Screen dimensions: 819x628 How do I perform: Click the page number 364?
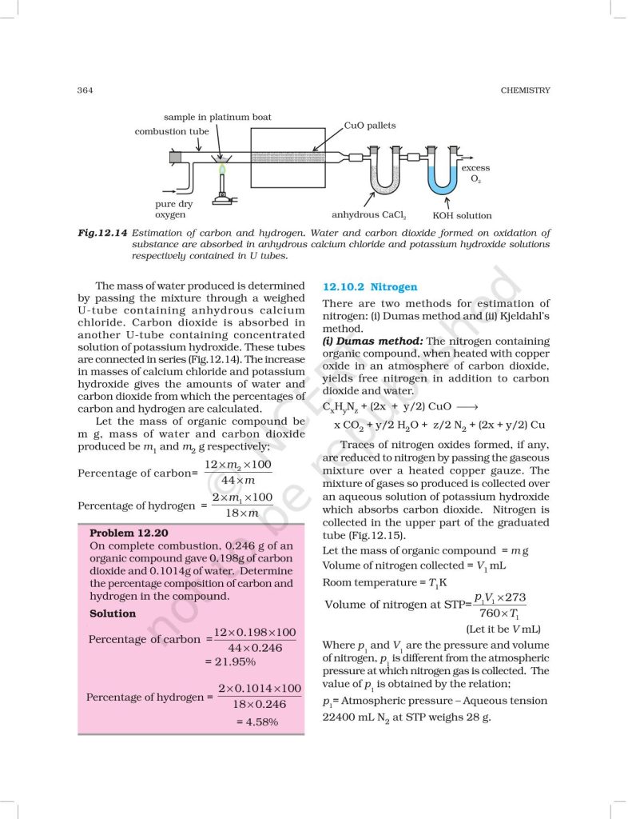click(85, 90)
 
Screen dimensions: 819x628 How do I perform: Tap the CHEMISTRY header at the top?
click(526, 90)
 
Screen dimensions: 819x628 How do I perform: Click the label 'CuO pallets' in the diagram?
click(369, 126)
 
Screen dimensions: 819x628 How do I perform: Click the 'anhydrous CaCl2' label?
click(369, 215)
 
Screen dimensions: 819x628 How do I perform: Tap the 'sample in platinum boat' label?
click(217, 117)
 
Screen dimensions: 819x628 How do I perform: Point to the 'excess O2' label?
click(475, 174)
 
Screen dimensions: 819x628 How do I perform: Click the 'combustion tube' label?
click(172, 131)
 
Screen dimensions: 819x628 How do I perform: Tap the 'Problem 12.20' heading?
click(129, 532)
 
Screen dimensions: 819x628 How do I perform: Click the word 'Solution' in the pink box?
click(113, 613)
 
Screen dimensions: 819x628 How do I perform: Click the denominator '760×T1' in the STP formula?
click(500, 613)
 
